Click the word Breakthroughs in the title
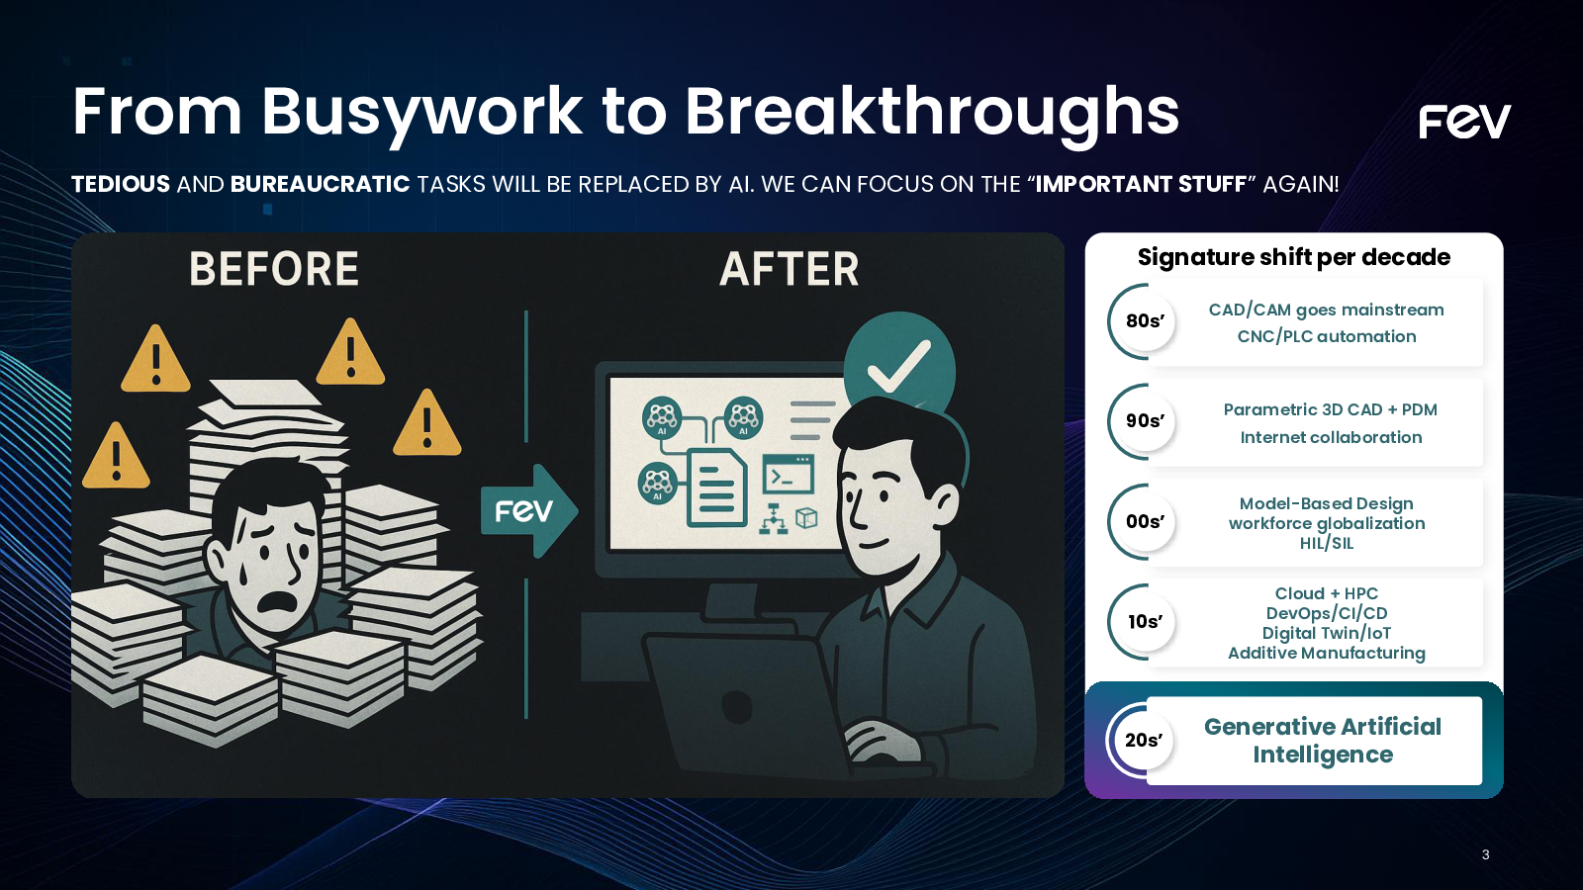[x=932, y=113]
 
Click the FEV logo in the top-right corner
[x=1464, y=122]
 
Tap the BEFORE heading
[x=274, y=269]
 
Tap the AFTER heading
[x=790, y=269]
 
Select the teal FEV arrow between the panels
[x=528, y=510]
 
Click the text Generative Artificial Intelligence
[x=1323, y=741]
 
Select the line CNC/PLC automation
[x=1327, y=336]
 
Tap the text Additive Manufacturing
[x=1327, y=653]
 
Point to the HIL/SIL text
[x=1327, y=543]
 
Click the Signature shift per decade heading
[x=1294, y=257]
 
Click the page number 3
[x=1485, y=854]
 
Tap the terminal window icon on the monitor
[x=788, y=474]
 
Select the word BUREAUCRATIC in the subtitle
[x=321, y=184]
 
